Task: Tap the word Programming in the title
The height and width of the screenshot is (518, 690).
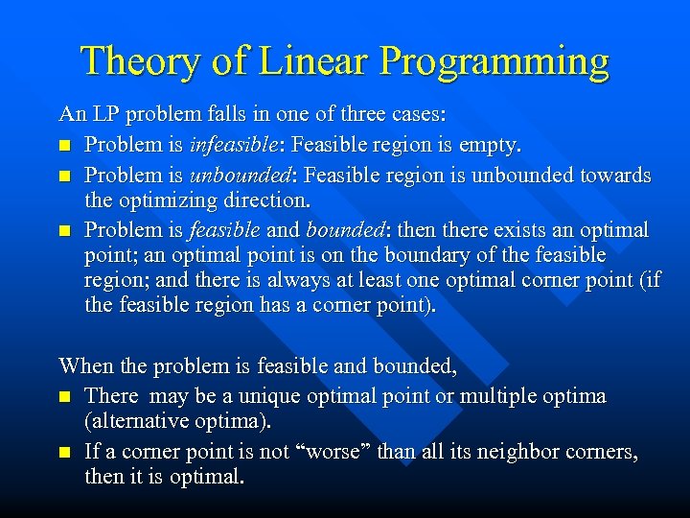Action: tap(494, 62)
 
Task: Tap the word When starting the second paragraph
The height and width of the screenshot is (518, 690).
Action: tap(85, 365)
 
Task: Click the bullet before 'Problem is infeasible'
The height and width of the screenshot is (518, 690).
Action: tap(65, 147)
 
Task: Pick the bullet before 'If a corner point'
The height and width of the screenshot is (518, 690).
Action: tap(65, 452)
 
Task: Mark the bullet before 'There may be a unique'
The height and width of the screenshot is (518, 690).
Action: tap(65, 396)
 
